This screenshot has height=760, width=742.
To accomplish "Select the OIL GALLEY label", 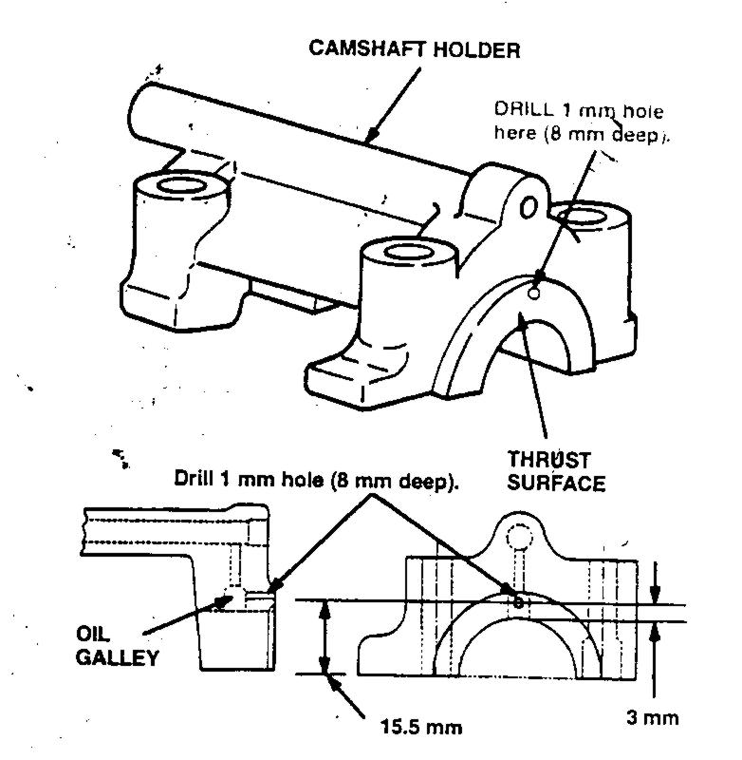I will [x=119, y=646].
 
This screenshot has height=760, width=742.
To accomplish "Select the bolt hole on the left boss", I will [x=175, y=183].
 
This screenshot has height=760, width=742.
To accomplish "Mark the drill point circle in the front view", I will [x=518, y=601].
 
